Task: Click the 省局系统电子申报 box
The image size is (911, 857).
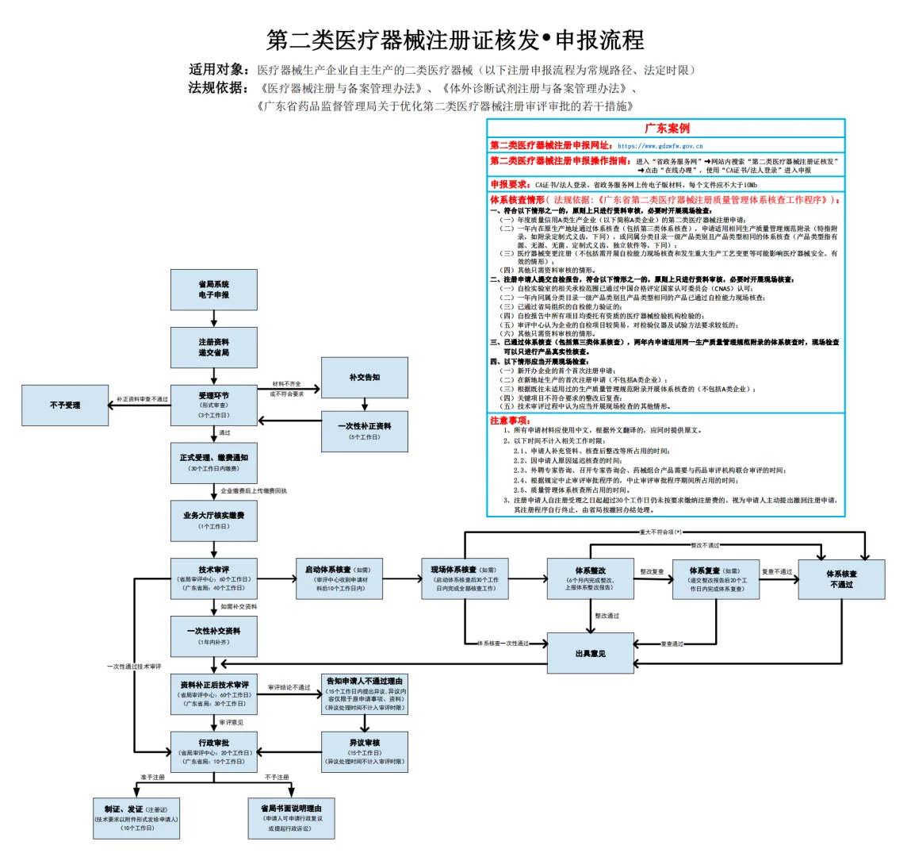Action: pyautogui.click(x=213, y=290)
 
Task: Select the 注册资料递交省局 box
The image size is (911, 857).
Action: pyautogui.click(x=213, y=347)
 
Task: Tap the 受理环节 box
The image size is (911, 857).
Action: pyautogui.click(x=213, y=405)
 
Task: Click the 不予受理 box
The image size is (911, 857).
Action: pyautogui.click(x=65, y=405)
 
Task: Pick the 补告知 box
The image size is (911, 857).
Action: pyautogui.click(x=364, y=378)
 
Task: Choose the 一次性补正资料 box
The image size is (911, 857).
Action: pyautogui.click(x=364, y=431)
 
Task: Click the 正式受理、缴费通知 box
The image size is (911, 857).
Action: pyautogui.click(x=213, y=463)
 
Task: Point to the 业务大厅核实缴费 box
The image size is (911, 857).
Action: pyautogui.click(x=213, y=521)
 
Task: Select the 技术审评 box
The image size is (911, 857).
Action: pyautogui.click(x=213, y=578)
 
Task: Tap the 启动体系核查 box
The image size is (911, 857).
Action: pyautogui.click(x=338, y=578)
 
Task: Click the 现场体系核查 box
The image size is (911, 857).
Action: pyautogui.click(x=464, y=578)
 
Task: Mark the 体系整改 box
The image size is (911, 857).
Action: pyautogui.click(x=590, y=578)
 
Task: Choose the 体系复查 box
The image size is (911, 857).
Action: pyautogui.click(x=716, y=578)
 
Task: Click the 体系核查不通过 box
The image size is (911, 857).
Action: pyautogui.click(x=841, y=578)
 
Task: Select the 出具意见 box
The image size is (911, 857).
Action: pyautogui.click(x=590, y=653)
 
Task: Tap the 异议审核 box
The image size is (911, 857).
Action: pyautogui.click(x=365, y=751)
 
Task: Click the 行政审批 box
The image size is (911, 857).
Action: pyautogui.click(x=213, y=751)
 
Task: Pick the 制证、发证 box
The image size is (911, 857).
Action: pyautogui.click(x=136, y=817)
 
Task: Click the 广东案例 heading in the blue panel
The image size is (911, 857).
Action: pyautogui.click(x=666, y=129)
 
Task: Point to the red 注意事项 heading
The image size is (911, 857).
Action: pyautogui.click(x=510, y=421)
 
